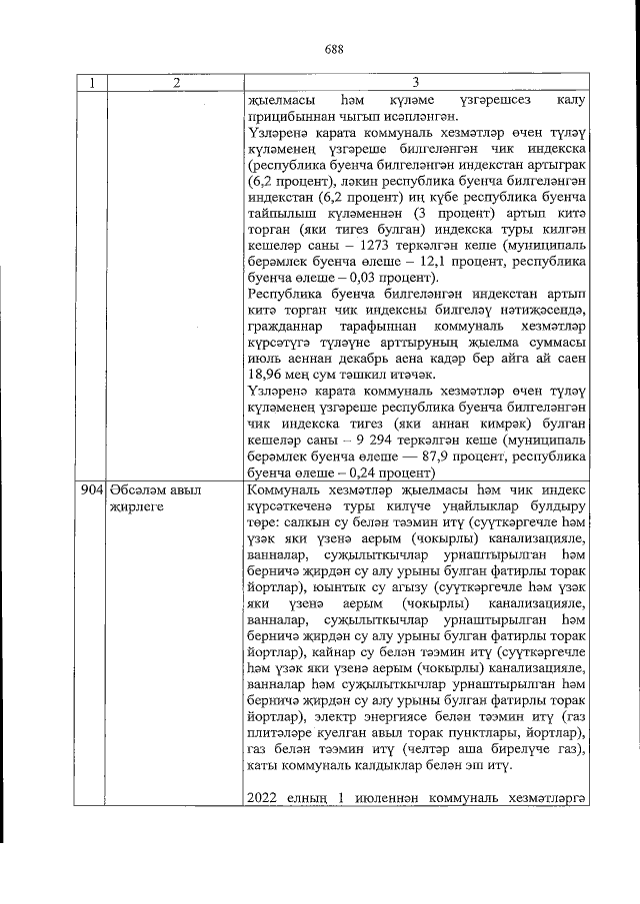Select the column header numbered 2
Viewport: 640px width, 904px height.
(x=175, y=84)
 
